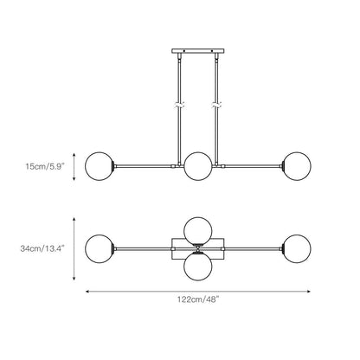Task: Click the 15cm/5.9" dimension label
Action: click(x=44, y=166)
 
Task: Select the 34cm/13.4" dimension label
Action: click(x=42, y=248)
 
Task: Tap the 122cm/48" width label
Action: click(x=198, y=299)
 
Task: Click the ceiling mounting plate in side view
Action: click(x=198, y=51)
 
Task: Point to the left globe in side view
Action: click(x=100, y=166)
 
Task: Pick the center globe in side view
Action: click(x=198, y=166)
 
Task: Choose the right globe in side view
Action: click(x=297, y=166)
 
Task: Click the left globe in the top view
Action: click(x=100, y=248)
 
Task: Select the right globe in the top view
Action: click(x=297, y=248)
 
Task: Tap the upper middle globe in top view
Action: click(x=198, y=231)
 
